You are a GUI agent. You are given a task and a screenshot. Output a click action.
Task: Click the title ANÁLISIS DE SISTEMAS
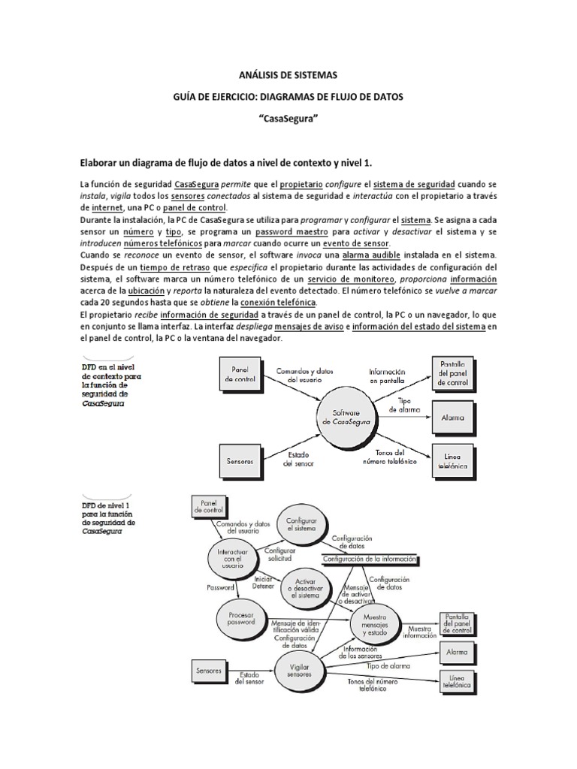288,74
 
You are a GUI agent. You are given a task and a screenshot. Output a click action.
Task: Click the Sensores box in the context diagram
240,454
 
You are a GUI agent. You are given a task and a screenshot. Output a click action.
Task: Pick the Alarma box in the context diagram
453,417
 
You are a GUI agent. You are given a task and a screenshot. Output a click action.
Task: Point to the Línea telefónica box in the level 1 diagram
458,682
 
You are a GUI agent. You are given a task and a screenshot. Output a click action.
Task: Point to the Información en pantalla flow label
388,375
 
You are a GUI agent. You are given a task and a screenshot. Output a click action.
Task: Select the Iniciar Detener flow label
262,582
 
